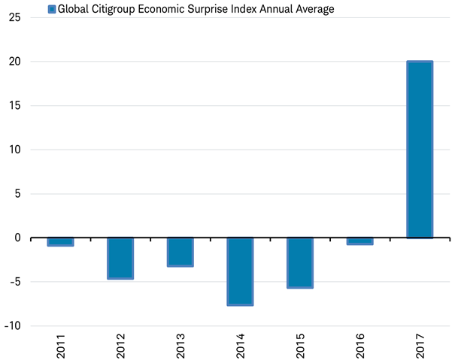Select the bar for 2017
pos(420,150)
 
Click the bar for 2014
pos(240,271)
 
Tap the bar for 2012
pos(120,258)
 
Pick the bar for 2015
pos(300,262)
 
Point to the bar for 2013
pos(180,252)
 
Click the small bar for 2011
pos(60,242)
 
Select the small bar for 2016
pos(360,241)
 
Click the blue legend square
pos(51,9)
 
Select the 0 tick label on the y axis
pos(17,238)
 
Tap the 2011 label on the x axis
pos(61,345)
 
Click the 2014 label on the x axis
pos(241,345)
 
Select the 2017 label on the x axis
pos(420,345)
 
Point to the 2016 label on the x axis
pos(360,345)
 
